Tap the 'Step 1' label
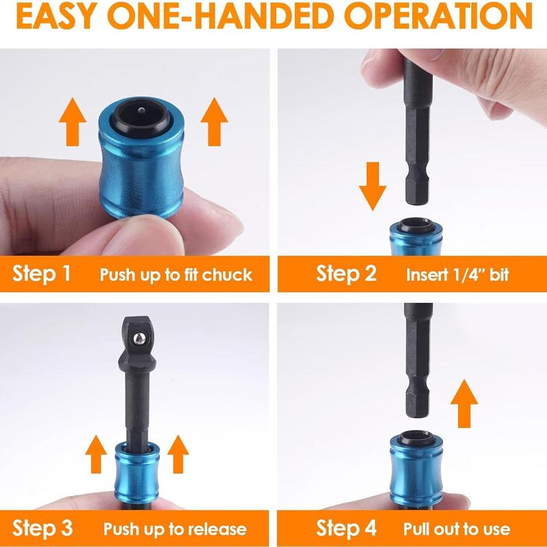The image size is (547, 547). coord(42,274)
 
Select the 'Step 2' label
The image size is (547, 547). coord(346,274)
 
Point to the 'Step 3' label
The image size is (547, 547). coord(43,529)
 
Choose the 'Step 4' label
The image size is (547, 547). coord(347,529)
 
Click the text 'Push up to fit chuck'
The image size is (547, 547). coord(176,276)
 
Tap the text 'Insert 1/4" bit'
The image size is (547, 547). coord(457,276)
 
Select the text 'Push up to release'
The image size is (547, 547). coord(175,529)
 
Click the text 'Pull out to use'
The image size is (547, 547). coord(457,529)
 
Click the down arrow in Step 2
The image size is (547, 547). coord(372,185)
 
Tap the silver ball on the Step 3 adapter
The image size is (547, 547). coord(139,336)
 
